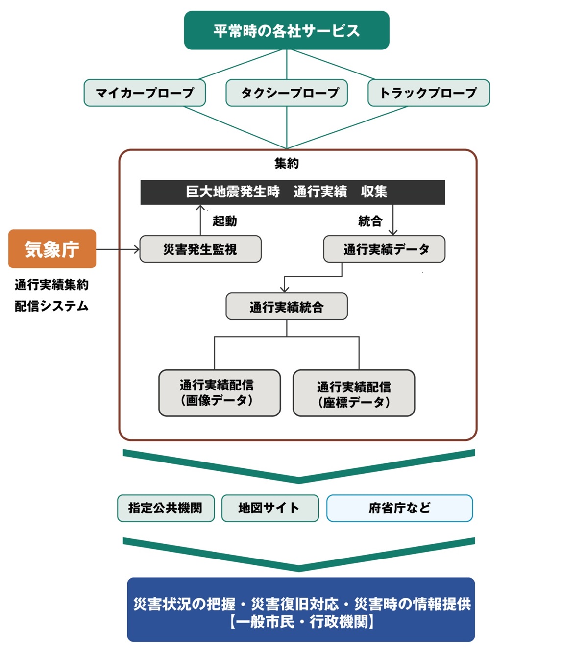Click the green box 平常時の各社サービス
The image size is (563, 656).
(x=286, y=30)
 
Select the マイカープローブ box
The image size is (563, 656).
(x=145, y=93)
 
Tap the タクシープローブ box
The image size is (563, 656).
(x=287, y=93)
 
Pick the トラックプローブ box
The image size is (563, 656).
(x=428, y=93)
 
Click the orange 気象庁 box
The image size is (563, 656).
(x=52, y=249)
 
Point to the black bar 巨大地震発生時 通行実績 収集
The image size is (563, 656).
(x=293, y=193)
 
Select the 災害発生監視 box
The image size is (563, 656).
(x=200, y=249)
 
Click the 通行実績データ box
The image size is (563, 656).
(x=384, y=249)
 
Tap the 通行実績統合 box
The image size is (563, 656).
(x=287, y=306)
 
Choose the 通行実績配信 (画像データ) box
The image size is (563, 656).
(x=220, y=393)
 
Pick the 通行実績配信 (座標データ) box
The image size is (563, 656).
(x=354, y=393)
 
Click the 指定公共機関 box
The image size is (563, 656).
(x=166, y=508)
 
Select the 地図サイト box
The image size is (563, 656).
(x=270, y=508)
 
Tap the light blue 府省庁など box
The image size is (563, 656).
(x=399, y=508)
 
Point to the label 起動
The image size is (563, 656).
(x=225, y=221)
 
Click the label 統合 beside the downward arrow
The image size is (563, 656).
(x=370, y=221)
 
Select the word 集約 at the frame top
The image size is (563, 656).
(x=287, y=163)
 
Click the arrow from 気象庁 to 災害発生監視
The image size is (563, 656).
(x=118, y=249)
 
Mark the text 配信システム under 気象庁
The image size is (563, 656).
(x=51, y=306)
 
